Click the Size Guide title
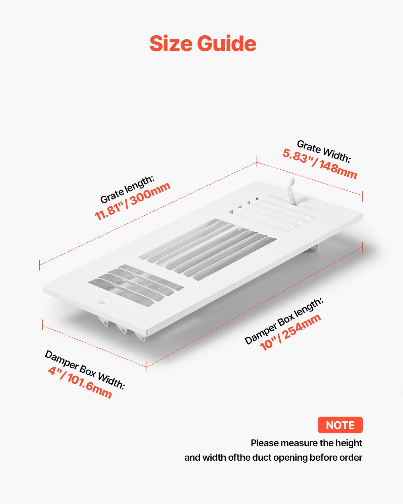pyautogui.click(x=203, y=44)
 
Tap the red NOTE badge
pyautogui.click(x=340, y=425)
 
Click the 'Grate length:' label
pyautogui.click(x=127, y=189)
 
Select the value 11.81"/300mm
pyautogui.click(x=133, y=201)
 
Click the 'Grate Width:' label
pyautogui.click(x=324, y=152)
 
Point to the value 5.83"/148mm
pyautogui.click(x=319, y=164)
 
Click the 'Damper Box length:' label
pyautogui.click(x=284, y=321)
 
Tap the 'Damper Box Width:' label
pyautogui.click(x=85, y=370)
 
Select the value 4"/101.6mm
pyautogui.click(x=80, y=382)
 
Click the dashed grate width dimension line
pyautogui.click(x=310, y=179)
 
